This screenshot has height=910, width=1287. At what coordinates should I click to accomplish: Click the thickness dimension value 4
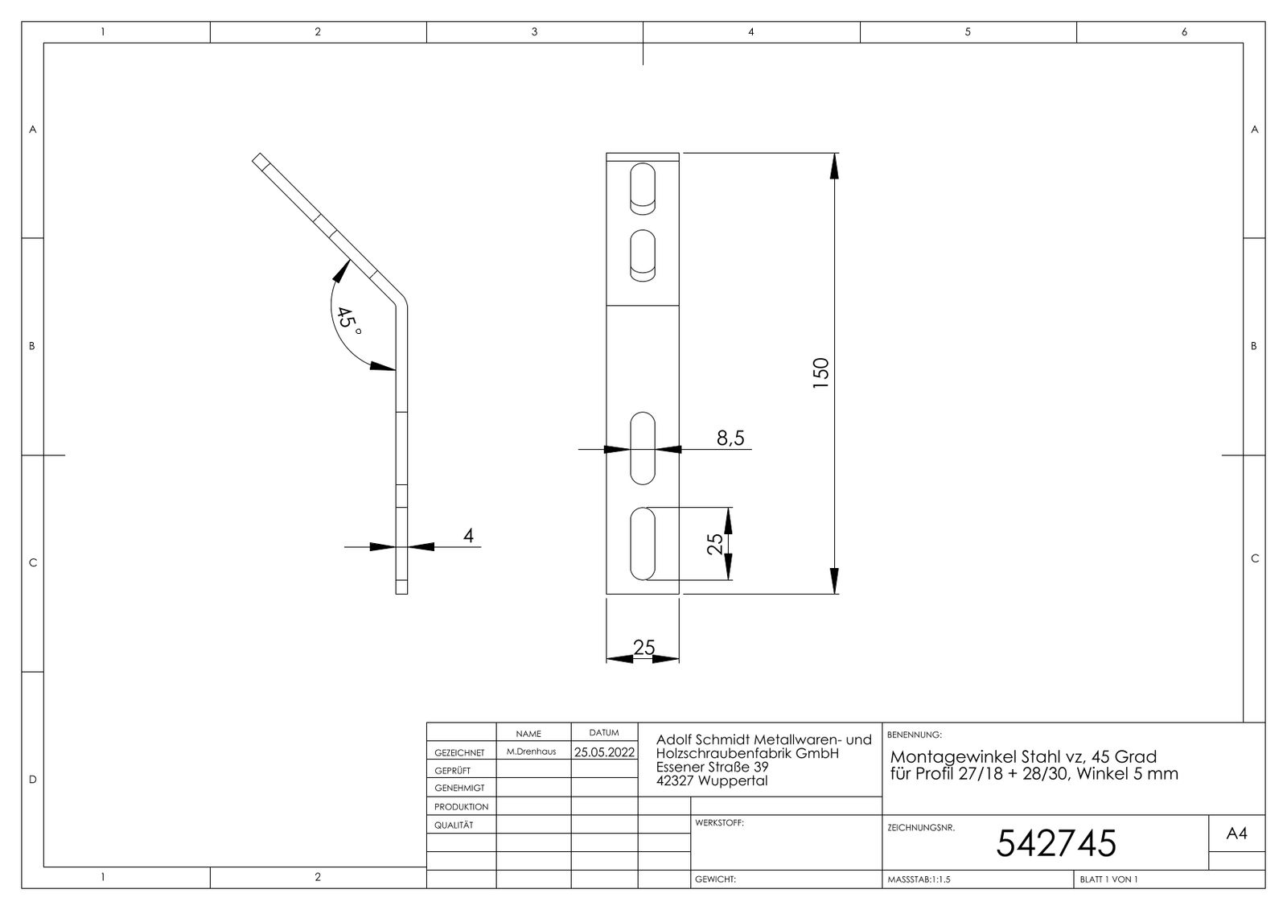click(468, 536)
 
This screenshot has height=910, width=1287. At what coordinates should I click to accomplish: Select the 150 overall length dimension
click(821, 373)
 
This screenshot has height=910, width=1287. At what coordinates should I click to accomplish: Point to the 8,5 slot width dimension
click(730, 438)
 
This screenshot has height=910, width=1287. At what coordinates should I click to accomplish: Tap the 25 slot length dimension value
click(714, 544)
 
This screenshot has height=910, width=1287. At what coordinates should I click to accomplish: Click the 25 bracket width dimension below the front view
click(643, 648)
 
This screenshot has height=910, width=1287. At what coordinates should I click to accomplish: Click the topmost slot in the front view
click(643, 189)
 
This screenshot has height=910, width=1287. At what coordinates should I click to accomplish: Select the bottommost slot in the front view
click(643, 544)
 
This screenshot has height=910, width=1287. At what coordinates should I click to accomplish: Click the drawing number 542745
click(1056, 843)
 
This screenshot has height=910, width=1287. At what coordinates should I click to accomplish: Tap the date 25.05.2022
click(604, 752)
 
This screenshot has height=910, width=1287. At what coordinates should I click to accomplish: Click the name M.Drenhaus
click(531, 751)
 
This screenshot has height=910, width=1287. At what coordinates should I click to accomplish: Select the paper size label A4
click(1236, 833)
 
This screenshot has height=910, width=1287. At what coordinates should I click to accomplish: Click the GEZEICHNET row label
click(459, 752)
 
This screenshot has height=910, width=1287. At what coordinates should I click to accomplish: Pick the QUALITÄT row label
click(454, 825)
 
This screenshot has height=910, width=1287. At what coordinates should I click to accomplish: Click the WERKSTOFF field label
click(719, 822)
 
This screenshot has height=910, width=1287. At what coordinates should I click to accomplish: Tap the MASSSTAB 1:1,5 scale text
click(919, 879)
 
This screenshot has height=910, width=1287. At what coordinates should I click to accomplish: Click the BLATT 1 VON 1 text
click(1108, 879)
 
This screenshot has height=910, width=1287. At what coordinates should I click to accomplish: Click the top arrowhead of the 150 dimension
click(834, 166)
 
